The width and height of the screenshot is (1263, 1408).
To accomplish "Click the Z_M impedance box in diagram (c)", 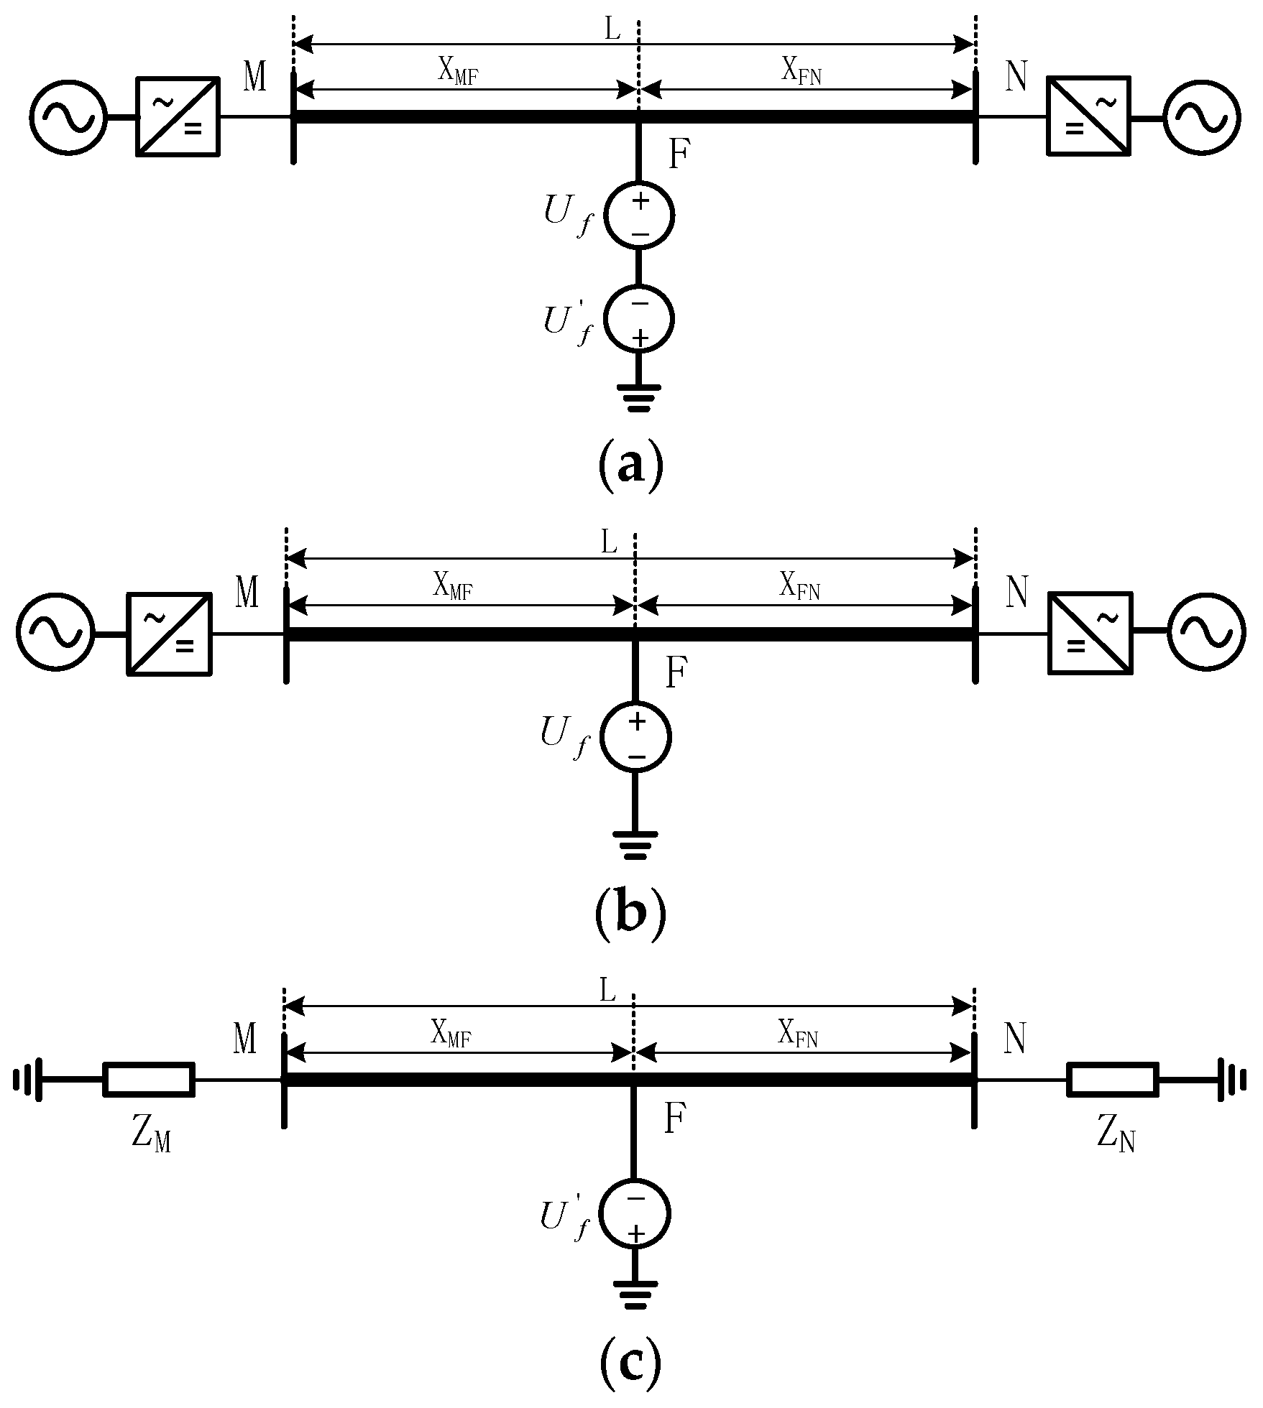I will (149, 1079).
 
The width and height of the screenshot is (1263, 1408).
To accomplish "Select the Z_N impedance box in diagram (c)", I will (1112, 1079).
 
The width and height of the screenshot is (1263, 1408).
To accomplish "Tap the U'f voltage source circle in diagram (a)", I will (639, 319).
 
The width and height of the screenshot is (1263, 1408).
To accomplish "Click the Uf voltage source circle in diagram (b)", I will (636, 737).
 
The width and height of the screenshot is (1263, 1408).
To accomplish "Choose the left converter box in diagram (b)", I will (170, 634).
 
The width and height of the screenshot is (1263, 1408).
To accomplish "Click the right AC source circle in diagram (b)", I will (1206, 634).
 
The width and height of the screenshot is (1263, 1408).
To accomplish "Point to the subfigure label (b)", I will (630, 914).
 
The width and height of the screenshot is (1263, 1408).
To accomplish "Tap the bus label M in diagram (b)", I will (247, 593).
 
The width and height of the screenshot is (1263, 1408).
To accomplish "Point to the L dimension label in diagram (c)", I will (608, 991).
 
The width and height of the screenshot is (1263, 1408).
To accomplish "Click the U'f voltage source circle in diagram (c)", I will (635, 1214).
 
